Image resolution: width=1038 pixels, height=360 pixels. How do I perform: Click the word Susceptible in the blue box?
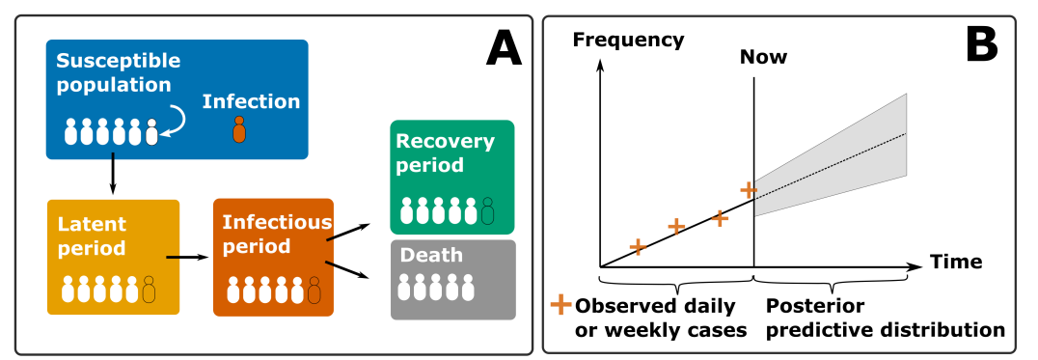[x=118, y=61]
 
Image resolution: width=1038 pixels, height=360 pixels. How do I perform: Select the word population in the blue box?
[x=113, y=85]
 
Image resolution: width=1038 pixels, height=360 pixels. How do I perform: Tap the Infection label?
[x=251, y=101]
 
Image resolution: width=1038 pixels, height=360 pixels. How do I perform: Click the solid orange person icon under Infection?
[x=239, y=130]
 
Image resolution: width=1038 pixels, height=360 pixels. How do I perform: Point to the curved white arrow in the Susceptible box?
[x=175, y=122]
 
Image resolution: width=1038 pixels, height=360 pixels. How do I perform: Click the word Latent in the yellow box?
[x=92, y=224]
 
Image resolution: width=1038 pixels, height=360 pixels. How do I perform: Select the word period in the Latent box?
[x=91, y=248]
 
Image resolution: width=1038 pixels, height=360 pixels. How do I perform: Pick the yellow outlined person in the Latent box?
[x=149, y=290]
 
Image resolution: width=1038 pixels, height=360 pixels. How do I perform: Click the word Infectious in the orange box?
[x=277, y=222]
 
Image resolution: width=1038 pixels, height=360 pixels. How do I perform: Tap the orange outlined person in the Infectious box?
[x=314, y=291]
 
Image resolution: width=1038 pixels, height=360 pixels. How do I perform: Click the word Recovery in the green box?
[x=445, y=141]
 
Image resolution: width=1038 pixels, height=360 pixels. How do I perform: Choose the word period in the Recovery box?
[x=429, y=165]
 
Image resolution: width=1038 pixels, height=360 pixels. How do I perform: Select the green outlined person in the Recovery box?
[x=487, y=211]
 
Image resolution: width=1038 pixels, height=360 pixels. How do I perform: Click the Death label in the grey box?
[x=431, y=256]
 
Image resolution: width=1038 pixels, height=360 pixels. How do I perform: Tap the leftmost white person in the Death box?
[x=404, y=288]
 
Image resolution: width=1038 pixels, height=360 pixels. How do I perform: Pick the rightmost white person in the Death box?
[x=468, y=288]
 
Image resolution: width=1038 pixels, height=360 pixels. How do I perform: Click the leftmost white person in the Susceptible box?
[x=70, y=132]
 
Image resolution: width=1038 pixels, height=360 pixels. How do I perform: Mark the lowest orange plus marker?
[x=560, y=305]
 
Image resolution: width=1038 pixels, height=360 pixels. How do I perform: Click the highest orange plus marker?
[x=749, y=190]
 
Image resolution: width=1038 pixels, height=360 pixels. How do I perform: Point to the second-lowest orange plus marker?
[x=638, y=247]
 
